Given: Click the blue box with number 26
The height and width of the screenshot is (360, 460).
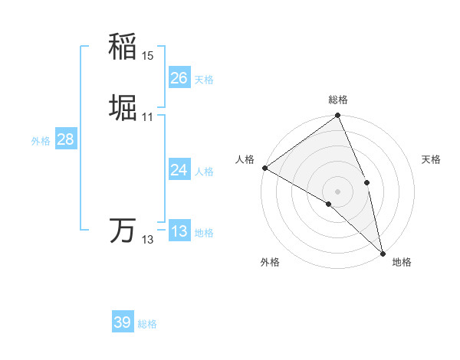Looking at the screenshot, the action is [x=179, y=78].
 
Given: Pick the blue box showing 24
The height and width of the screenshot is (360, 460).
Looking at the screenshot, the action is [x=179, y=170].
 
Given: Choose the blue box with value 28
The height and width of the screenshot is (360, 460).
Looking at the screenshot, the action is [x=65, y=139].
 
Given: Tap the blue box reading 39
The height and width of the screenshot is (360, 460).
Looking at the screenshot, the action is [x=122, y=322].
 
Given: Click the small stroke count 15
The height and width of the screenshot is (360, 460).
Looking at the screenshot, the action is [x=148, y=55].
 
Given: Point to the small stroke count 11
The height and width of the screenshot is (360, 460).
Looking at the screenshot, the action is [x=148, y=116].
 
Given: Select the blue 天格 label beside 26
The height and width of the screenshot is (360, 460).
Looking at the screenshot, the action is [x=204, y=80].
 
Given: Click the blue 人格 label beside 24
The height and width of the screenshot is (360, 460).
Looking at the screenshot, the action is [x=204, y=172].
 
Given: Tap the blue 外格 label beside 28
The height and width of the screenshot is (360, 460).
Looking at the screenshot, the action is [x=41, y=141].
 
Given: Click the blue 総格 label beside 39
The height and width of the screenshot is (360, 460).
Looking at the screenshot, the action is [x=147, y=324].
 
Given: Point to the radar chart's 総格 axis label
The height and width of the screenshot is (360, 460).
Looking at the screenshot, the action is [x=338, y=100].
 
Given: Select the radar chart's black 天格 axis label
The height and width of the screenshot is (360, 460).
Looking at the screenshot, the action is [x=432, y=159].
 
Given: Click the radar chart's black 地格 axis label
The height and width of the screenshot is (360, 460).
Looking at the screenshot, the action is [x=402, y=262].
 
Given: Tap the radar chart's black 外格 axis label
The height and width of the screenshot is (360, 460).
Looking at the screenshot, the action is [x=270, y=262].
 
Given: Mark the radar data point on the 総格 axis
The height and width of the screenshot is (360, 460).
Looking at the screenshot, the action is [x=338, y=116].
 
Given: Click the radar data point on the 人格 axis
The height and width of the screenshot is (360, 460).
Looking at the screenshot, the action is [x=264, y=168].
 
